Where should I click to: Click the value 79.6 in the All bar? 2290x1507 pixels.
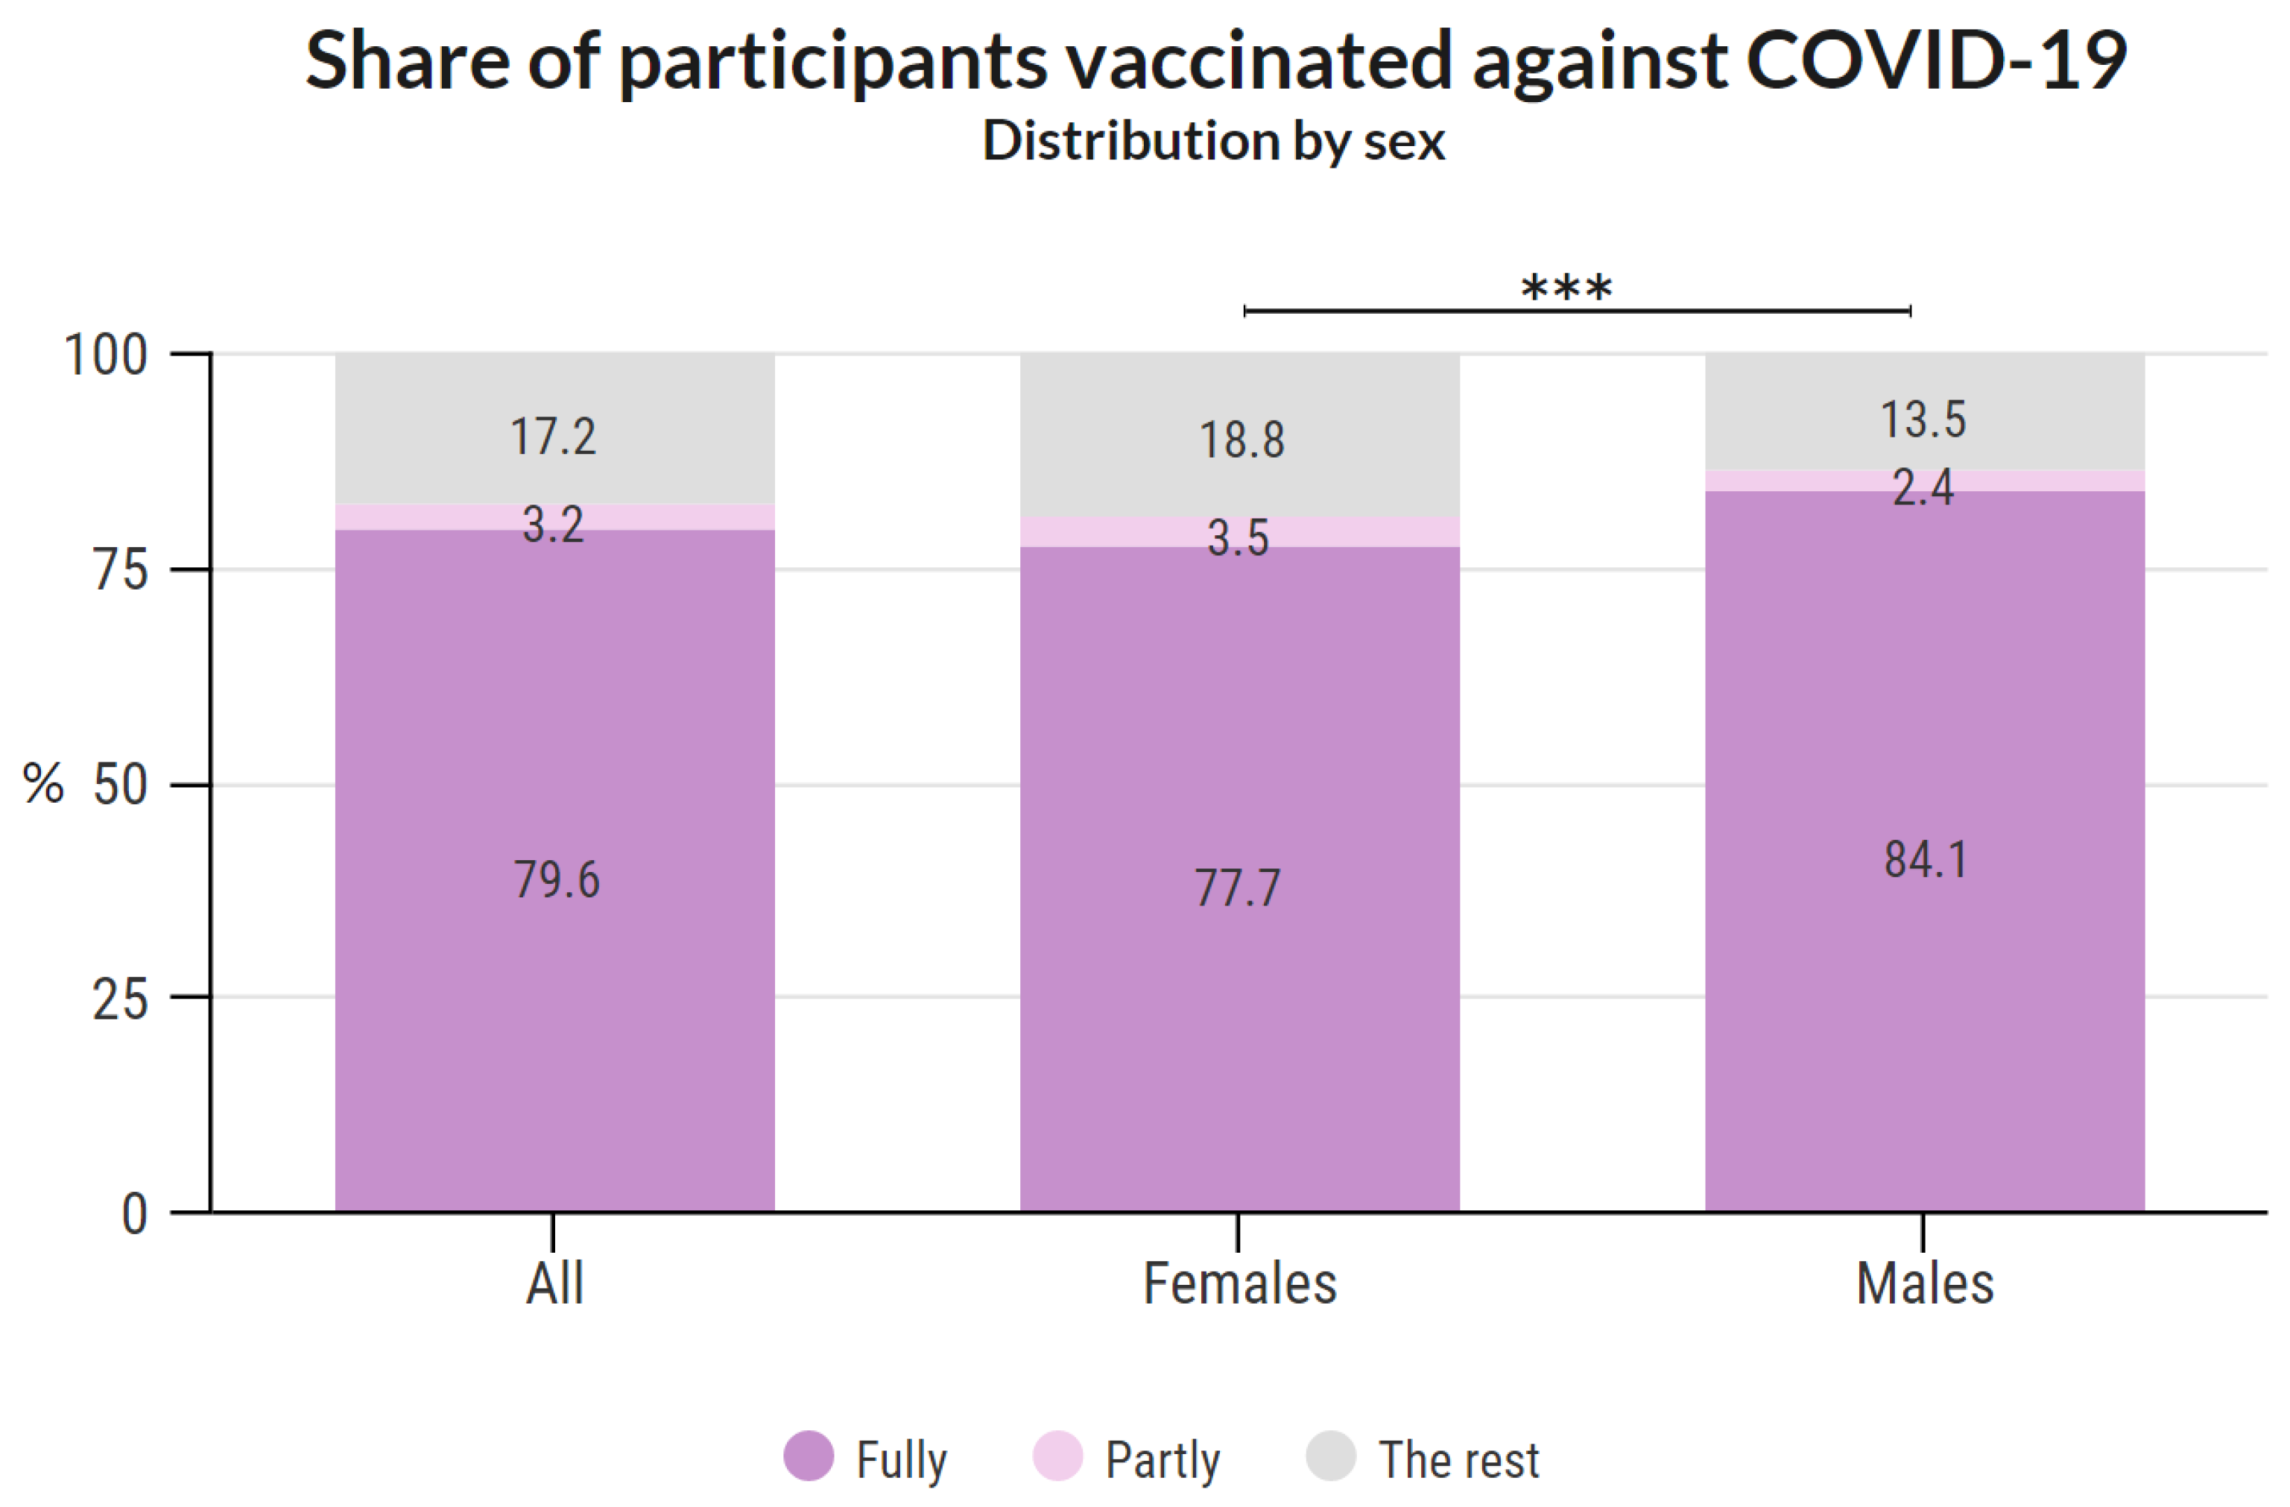[556, 879]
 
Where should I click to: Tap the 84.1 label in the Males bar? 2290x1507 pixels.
[1926, 859]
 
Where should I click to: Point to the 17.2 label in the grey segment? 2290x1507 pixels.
[553, 437]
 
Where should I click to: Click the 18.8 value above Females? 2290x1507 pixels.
[1242, 440]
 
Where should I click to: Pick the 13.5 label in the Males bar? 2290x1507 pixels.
[1923, 420]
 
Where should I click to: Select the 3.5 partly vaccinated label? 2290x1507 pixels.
[1239, 537]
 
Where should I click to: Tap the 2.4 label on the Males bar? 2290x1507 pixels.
[1923, 487]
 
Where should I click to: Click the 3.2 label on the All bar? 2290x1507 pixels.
[553, 525]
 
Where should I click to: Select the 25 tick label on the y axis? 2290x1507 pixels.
[120, 1000]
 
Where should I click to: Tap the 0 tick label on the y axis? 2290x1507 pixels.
[135, 1214]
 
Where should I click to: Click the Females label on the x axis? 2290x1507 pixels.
[1239, 1283]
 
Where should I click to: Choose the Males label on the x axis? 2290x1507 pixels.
[1924, 1283]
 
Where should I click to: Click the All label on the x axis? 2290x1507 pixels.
[554, 1283]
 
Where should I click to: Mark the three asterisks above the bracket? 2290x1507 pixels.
[1566, 287]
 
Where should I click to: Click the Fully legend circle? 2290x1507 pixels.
[809, 1456]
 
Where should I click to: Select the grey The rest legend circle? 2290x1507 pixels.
[1331, 1456]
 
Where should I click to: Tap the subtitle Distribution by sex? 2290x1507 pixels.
[1212, 141]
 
